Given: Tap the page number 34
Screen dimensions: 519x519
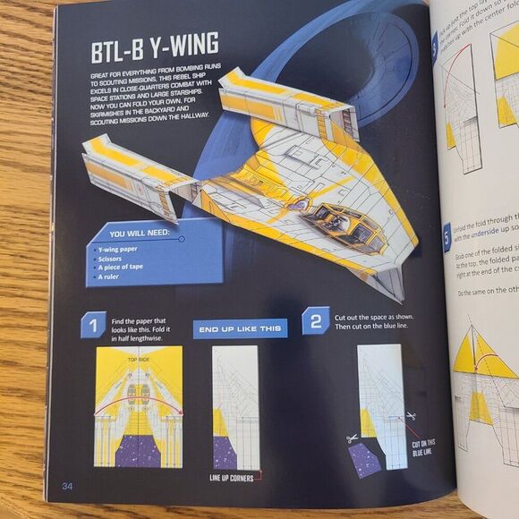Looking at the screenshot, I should click(66, 486).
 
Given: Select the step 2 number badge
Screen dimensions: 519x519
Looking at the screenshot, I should click(315, 320).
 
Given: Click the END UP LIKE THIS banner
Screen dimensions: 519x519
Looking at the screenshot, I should click(240, 328).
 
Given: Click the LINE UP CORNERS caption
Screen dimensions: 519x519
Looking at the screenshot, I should click(237, 478).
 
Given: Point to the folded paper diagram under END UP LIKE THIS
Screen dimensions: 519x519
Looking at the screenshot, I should click(235, 407).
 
